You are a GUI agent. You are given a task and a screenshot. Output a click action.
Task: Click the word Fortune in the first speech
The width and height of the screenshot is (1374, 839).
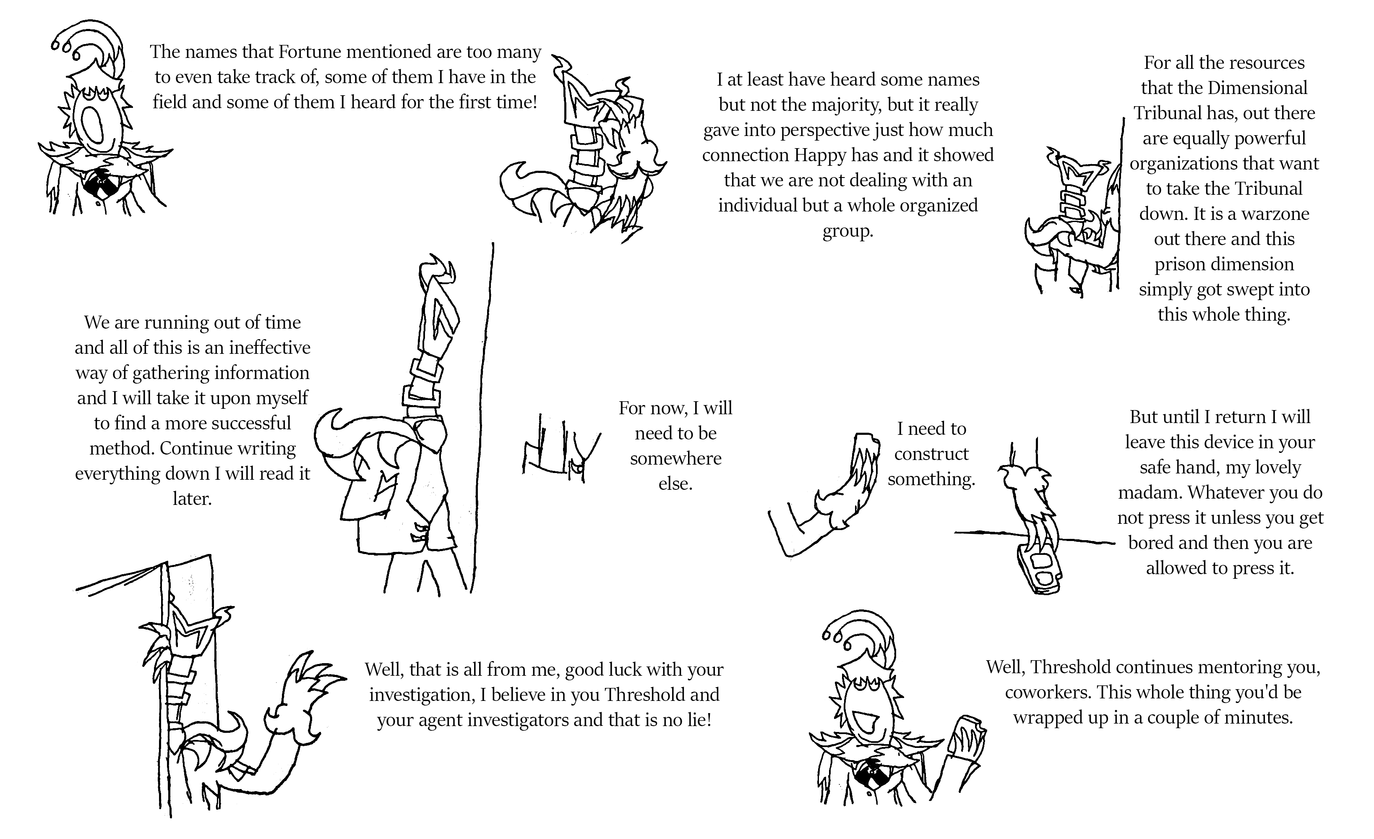pos(310,52)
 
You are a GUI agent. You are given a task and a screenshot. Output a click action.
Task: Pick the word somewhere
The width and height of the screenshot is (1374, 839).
pos(676,459)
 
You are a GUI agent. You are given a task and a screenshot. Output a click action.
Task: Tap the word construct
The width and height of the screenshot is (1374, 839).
pos(931,454)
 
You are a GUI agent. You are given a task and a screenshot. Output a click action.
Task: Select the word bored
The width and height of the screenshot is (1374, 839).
pos(1151,543)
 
